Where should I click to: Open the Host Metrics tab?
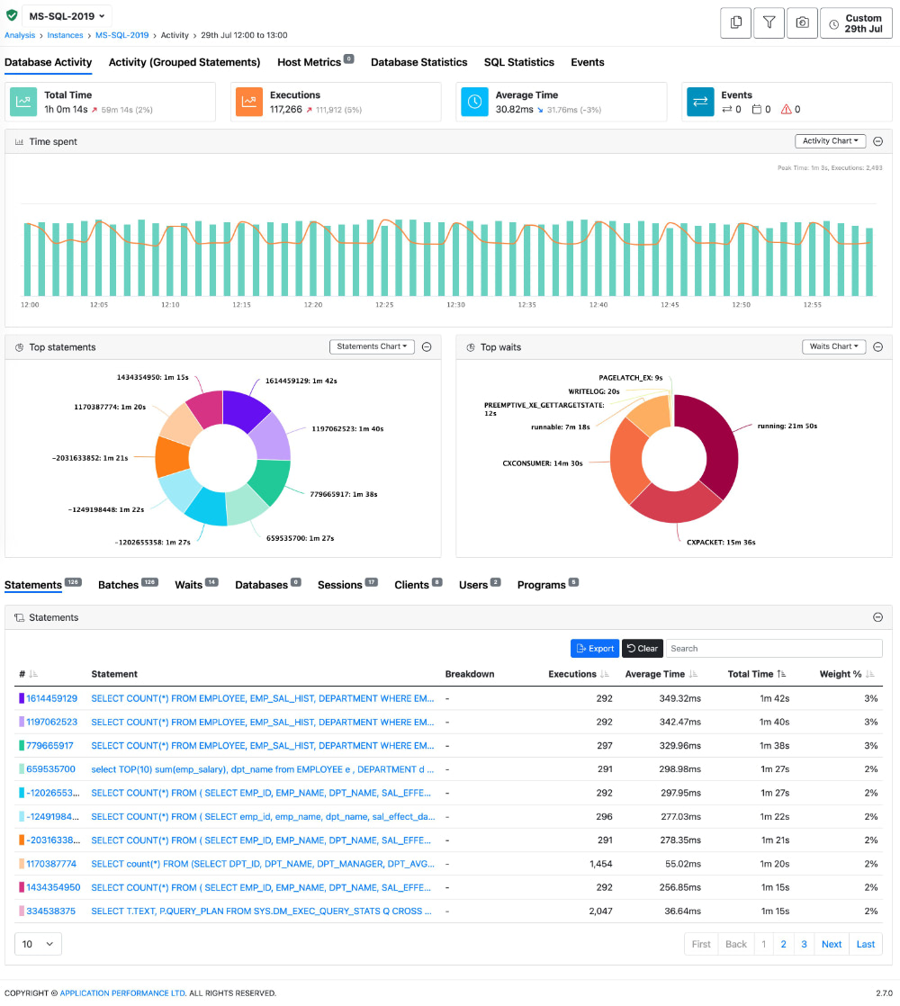coord(309,62)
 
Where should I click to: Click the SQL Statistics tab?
coord(518,62)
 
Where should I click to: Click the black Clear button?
coord(642,648)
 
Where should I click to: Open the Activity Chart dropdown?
coord(830,141)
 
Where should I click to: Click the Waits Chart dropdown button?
coord(833,346)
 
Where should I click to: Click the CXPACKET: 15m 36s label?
coord(720,543)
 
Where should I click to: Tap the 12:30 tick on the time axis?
coord(455,305)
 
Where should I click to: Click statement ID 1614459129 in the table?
coord(51,698)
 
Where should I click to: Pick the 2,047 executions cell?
coord(598,911)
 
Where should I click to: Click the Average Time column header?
coord(654,674)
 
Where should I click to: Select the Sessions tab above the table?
coord(339,585)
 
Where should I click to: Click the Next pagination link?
coord(832,944)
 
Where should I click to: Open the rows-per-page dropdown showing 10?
coord(38,944)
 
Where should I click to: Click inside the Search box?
coord(773,648)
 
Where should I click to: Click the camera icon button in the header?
coord(802,22)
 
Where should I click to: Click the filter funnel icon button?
coord(769,22)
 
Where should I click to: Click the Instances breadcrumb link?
coord(66,35)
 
